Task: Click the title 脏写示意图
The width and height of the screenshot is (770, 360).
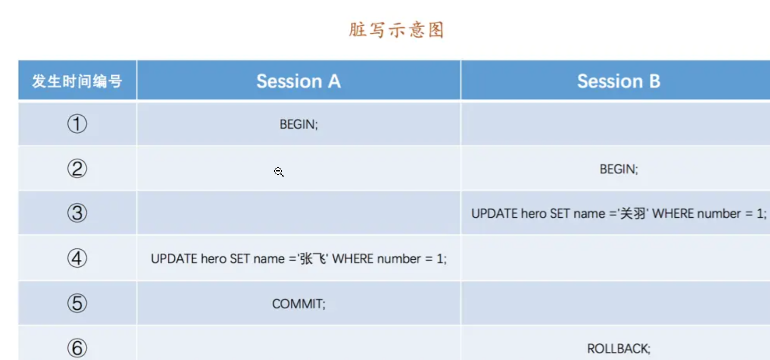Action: point(396,30)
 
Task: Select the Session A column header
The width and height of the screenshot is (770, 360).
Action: point(299,81)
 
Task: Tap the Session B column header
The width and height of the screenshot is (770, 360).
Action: point(618,81)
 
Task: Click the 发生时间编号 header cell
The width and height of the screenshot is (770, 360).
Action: point(77,81)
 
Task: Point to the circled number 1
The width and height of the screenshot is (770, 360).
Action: point(77,124)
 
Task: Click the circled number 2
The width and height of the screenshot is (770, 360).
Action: point(77,169)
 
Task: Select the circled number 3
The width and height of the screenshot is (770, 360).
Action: point(77,213)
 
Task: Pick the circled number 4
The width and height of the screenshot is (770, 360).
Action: point(77,258)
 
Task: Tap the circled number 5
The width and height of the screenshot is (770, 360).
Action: point(77,303)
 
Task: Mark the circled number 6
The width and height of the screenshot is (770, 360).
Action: point(77,348)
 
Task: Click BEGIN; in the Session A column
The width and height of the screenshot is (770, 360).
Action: point(298,124)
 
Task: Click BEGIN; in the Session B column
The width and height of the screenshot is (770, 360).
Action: point(618,169)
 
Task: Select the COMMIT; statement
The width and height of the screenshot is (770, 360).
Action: point(298,304)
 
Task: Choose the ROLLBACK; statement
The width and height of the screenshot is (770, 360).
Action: point(618,349)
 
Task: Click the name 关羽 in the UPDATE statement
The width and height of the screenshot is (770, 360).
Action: point(633,214)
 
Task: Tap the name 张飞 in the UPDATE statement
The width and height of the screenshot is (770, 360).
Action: point(313,258)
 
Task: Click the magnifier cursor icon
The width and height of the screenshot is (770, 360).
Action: point(279,172)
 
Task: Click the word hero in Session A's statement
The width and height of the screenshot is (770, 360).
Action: point(214,259)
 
